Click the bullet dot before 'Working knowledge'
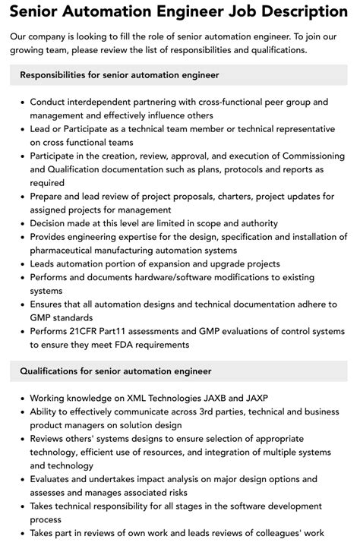[23, 399]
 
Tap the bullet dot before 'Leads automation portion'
[23, 265]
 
